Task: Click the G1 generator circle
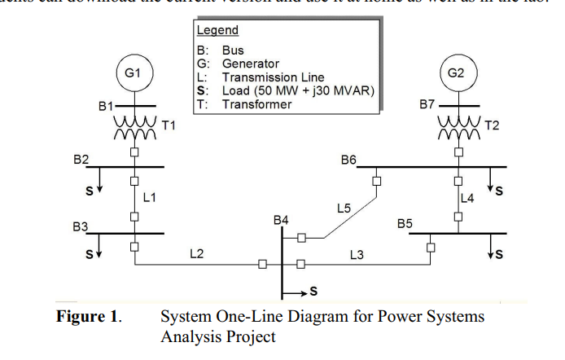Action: coord(133,72)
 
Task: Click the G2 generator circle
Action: coord(456,72)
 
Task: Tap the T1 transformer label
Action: coord(169,125)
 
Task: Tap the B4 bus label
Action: coord(282,220)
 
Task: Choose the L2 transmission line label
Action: coord(196,254)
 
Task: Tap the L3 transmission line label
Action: coord(356,254)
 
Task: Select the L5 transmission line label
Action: coord(344,209)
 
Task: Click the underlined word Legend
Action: coord(217,30)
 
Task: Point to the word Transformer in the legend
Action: coord(256,104)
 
